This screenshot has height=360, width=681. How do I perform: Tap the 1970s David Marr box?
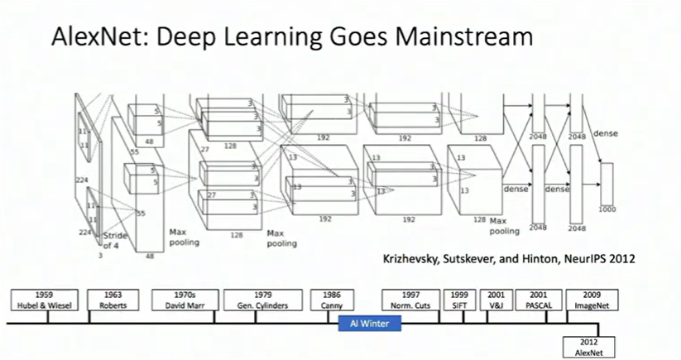coord(185,299)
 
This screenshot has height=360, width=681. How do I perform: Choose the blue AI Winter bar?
coord(369,324)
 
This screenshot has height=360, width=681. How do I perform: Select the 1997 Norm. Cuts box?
coord(410,299)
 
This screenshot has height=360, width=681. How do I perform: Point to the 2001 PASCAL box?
coord(535,299)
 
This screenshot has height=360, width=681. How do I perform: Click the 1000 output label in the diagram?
coord(608,210)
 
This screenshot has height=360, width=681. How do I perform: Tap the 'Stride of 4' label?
coord(116,241)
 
